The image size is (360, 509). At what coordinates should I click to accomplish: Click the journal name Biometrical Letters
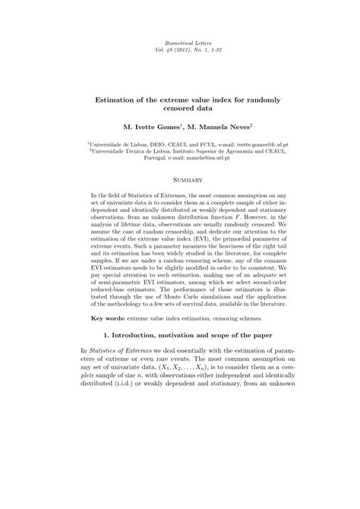pyautogui.click(x=180, y=45)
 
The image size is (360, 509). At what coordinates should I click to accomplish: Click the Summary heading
pyautogui.click(x=180, y=179)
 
